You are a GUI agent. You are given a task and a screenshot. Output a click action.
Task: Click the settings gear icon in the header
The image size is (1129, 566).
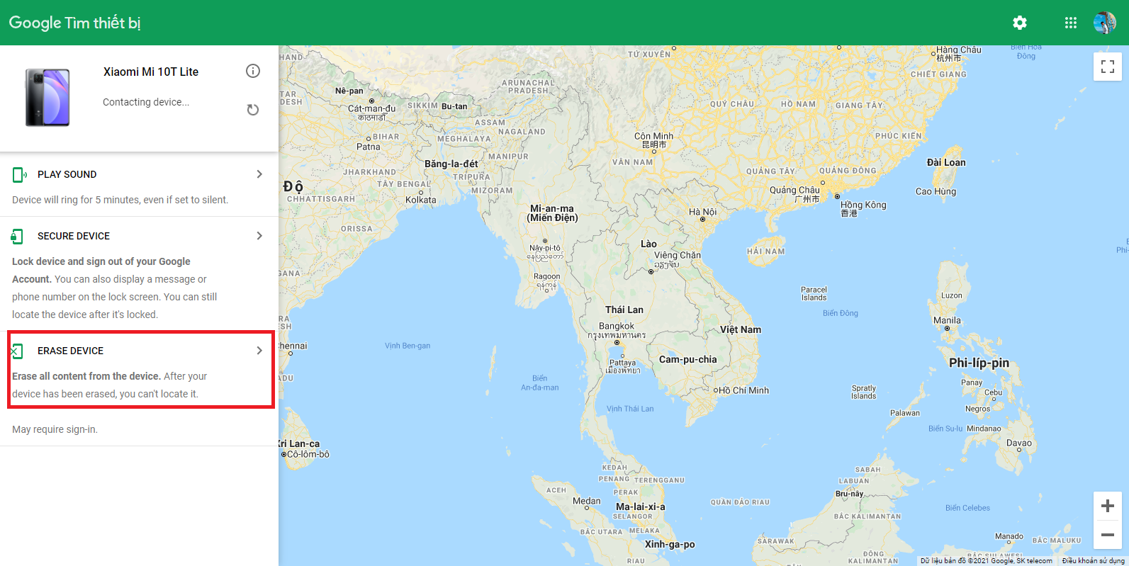1020,23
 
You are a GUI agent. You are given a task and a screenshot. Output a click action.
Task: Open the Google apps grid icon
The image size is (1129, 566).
1071,23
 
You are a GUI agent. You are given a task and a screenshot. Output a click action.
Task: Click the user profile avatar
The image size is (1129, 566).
1104,23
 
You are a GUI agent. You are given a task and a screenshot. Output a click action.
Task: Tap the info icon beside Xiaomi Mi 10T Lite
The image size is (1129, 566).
253,71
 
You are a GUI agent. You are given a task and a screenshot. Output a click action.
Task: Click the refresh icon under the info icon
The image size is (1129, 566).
253,110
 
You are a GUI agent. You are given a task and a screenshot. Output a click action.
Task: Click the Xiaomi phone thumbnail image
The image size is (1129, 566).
47,98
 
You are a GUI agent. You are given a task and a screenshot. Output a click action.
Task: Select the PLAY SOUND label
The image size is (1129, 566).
67,174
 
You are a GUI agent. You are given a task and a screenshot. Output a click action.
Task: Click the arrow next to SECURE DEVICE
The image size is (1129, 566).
259,236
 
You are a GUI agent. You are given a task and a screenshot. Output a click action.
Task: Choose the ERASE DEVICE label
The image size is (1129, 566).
70,351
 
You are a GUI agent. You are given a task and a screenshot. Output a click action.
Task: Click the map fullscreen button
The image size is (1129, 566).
1107,67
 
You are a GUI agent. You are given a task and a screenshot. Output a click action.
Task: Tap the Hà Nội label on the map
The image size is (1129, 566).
703,212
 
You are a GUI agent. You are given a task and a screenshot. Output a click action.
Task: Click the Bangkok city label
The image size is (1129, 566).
617,327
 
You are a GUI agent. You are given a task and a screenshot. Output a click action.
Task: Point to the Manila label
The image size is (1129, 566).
947,320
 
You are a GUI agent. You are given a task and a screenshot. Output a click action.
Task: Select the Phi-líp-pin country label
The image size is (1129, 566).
979,363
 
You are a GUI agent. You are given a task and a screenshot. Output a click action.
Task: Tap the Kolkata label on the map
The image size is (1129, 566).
421,200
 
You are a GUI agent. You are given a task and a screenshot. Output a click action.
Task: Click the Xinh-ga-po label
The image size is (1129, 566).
670,544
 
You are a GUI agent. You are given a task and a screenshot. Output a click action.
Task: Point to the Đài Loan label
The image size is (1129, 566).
946,162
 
